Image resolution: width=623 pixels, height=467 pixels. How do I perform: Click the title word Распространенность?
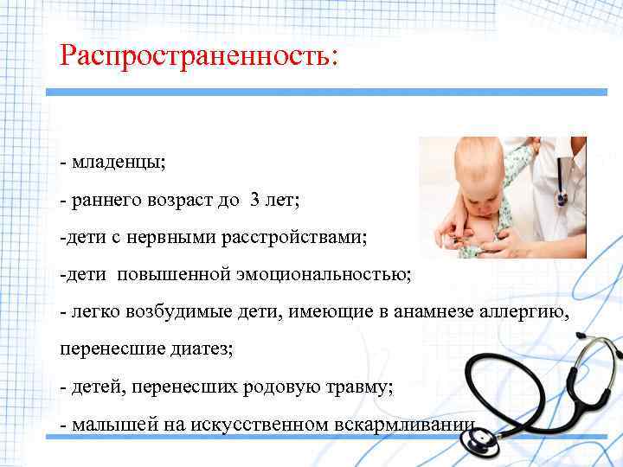200,56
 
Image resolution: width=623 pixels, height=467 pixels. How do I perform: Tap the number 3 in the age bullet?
254,201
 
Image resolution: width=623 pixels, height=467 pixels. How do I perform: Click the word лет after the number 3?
280,201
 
